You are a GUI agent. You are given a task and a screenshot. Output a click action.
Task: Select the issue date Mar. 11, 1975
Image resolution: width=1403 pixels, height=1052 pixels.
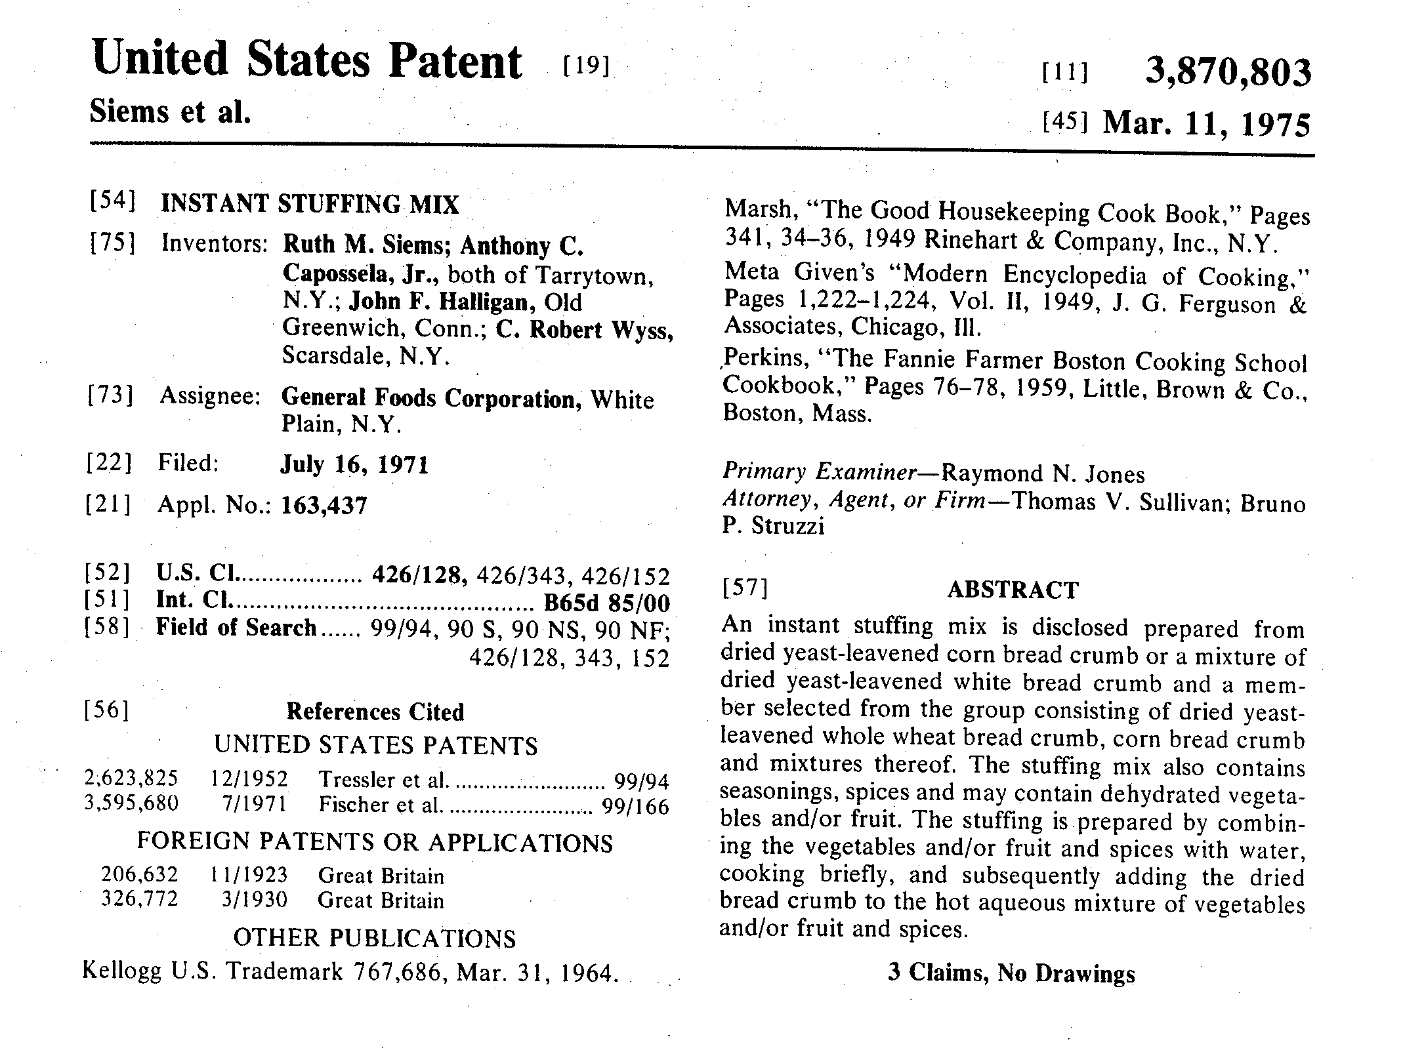pyautogui.click(x=1206, y=123)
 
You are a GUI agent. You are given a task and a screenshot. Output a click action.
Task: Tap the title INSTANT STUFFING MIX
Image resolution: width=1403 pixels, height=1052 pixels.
pyautogui.click(x=310, y=204)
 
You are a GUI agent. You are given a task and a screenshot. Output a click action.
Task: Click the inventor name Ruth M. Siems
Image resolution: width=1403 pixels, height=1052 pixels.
pyautogui.click(x=365, y=245)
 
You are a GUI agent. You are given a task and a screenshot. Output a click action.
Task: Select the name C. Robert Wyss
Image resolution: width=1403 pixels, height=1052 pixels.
pyautogui.click(x=584, y=329)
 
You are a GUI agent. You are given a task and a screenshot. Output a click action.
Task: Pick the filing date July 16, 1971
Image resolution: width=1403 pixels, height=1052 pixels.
pyautogui.click(x=354, y=464)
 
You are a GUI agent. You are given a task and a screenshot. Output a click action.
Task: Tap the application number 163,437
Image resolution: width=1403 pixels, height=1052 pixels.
pyautogui.click(x=324, y=505)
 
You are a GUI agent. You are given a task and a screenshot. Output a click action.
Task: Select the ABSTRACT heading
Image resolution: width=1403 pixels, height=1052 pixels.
pyautogui.click(x=1013, y=590)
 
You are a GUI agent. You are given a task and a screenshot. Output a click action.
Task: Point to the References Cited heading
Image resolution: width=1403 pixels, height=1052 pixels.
pyautogui.click(x=375, y=712)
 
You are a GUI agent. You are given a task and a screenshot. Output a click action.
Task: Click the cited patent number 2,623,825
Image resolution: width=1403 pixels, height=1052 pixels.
pyautogui.click(x=131, y=779)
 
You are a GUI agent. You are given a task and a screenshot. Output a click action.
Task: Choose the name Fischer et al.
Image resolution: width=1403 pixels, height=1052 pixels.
pyautogui.click(x=379, y=805)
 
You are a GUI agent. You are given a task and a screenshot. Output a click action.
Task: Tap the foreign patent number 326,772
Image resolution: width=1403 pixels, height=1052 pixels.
pyautogui.click(x=139, y=899)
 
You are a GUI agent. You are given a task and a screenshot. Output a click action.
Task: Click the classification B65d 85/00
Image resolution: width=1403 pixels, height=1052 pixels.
pyautogui.click(x=607, y=603)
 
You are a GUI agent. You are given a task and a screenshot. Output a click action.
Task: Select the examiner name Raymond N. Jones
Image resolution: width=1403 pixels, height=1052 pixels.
pyautogui.click(x=1042, y=474)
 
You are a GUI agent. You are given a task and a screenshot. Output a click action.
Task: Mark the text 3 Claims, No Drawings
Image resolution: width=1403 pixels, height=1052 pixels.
pyautogui.click(x=1011, y=973)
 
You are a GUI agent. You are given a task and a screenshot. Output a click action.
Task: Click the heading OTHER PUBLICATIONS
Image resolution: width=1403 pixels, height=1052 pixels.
pyautogui.click(x=375, y=938)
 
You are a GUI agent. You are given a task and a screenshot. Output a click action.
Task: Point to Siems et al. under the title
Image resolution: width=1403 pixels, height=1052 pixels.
pyautogui.click(x=170, y=112)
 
